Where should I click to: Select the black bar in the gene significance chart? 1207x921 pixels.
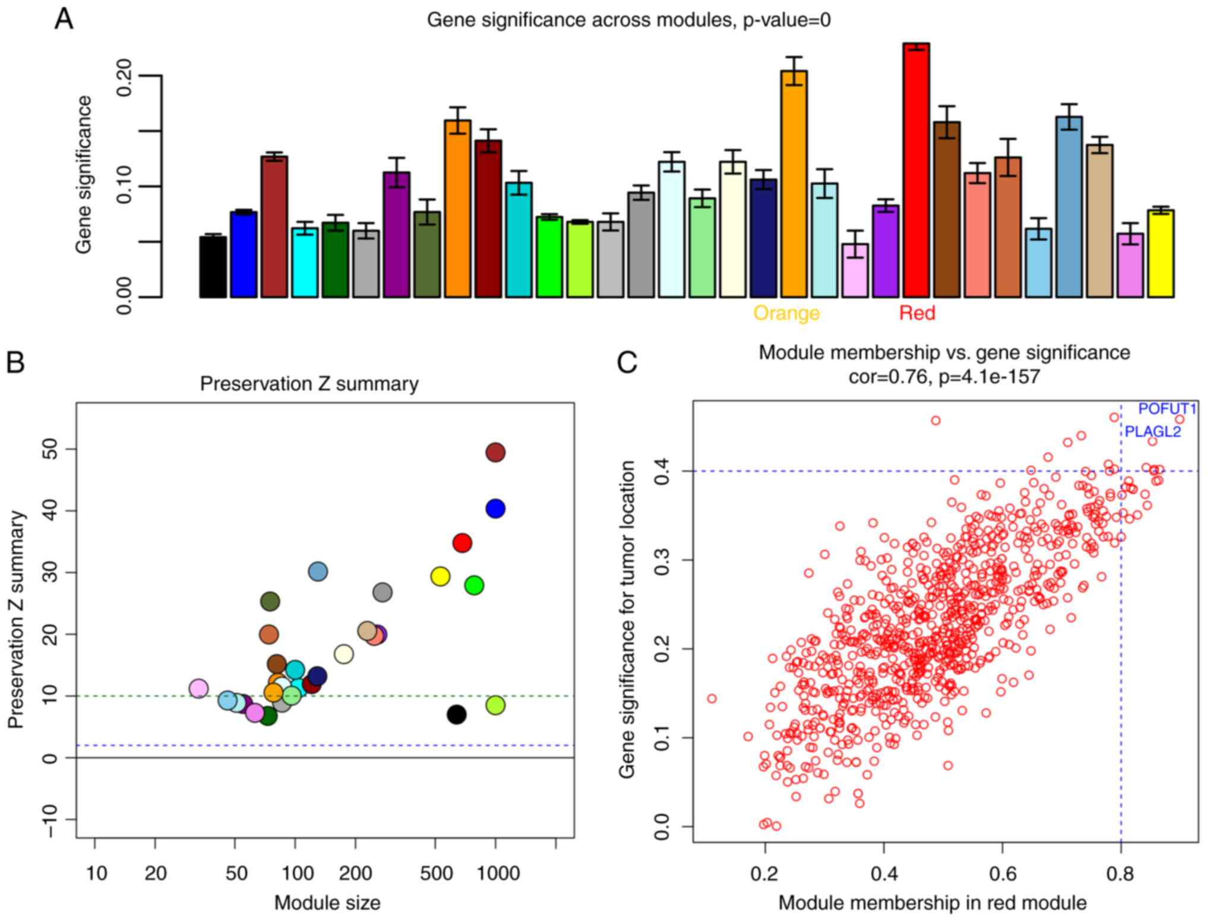(213, 267)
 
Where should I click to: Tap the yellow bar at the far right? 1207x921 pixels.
(1161, 253)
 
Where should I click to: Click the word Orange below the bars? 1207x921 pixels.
(786, 313)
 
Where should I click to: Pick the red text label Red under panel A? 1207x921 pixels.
(917, 313)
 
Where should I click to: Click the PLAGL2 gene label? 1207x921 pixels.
(1153, 431)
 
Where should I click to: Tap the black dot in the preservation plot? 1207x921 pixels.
(456, 715)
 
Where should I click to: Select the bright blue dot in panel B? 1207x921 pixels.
(495, 509)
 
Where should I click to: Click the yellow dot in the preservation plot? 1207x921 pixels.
(440, 576)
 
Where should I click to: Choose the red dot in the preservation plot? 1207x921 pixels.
(462, 542)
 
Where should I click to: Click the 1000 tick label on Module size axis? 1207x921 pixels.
(498, 873)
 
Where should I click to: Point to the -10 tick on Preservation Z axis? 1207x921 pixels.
(51, 819)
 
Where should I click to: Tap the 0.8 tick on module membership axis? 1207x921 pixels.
(1120, 873)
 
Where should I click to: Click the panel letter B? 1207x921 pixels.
(16, 362)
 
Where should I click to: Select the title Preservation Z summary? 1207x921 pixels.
(309, 384)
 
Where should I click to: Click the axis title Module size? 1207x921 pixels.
(327, 903)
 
